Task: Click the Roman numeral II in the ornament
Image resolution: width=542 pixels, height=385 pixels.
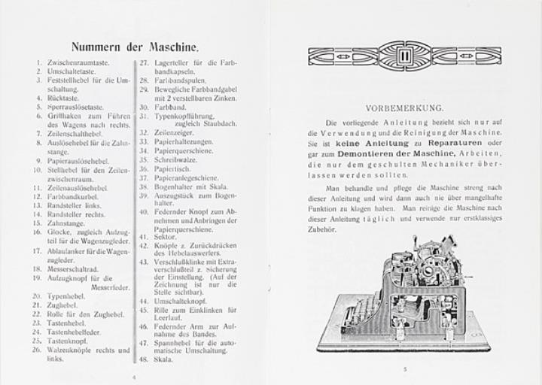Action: tap(403, 55)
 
